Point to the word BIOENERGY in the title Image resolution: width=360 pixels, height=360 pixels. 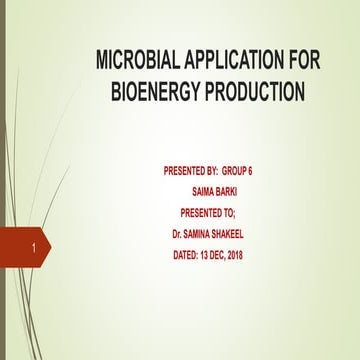coord(153,94)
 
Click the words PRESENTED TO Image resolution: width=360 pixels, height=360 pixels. coord(207,212)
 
